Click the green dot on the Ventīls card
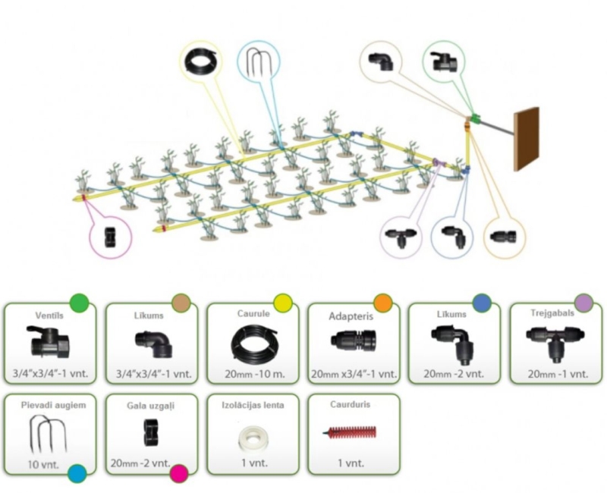point(80,303)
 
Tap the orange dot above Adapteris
point(383,303)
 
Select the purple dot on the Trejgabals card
point(583,303)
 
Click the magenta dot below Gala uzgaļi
point(179,473)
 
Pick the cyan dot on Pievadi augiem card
point(77,473)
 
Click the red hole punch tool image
point(350,432)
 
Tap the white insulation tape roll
point(253,438)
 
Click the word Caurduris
point(350,404)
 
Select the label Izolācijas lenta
point(253,405)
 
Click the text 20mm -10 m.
point(254,374)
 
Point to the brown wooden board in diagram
point(526,139)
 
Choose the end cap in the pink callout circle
point(111,237)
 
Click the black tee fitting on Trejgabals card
point(555,344)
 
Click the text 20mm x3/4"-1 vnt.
point(354,374)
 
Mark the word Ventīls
point(49,316)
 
